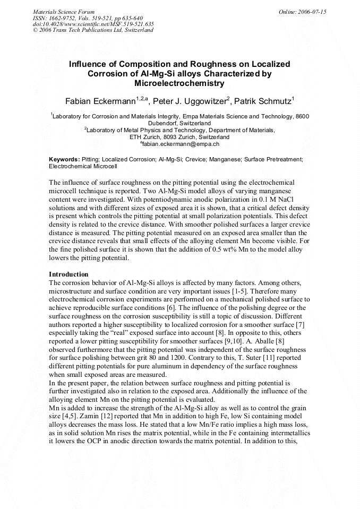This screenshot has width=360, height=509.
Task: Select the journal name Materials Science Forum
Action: tap(64, 11)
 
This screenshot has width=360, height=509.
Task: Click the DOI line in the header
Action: tap(93, 24)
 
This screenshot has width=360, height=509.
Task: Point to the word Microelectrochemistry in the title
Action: tap(179, 83)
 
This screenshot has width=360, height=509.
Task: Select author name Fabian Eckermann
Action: tap(100, 101)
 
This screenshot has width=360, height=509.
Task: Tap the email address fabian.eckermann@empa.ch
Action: tap(181, 143)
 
